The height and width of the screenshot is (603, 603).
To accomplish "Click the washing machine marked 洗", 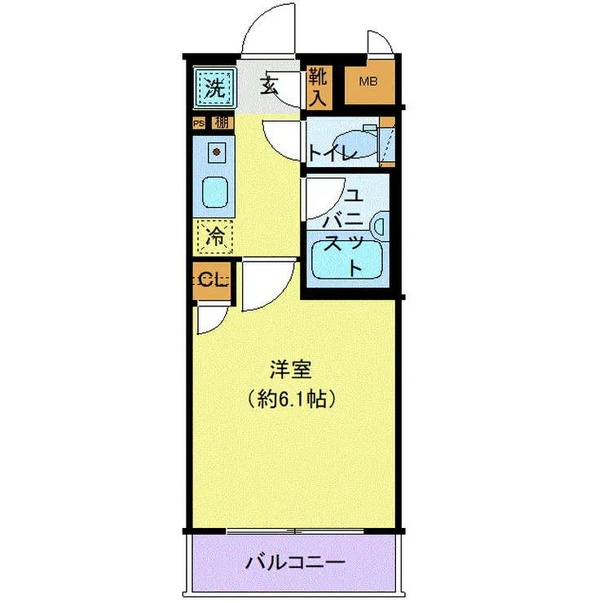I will pos(213,88).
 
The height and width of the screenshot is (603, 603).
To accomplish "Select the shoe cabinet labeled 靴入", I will pos(317,88).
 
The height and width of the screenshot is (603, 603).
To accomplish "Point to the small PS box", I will pos(198,124).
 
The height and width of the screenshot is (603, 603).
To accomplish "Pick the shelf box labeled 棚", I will pos(220,124).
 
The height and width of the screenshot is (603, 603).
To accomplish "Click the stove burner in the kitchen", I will pos(216,151).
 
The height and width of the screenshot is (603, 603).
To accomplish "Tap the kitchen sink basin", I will pos(215,192).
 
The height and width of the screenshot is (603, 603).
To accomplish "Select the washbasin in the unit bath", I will pos(380,225).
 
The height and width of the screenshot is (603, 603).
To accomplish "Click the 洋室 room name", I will pos(291,370).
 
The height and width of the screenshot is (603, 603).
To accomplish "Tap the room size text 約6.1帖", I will pos(292,399).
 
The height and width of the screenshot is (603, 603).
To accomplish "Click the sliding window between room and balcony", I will pos(296,530).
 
